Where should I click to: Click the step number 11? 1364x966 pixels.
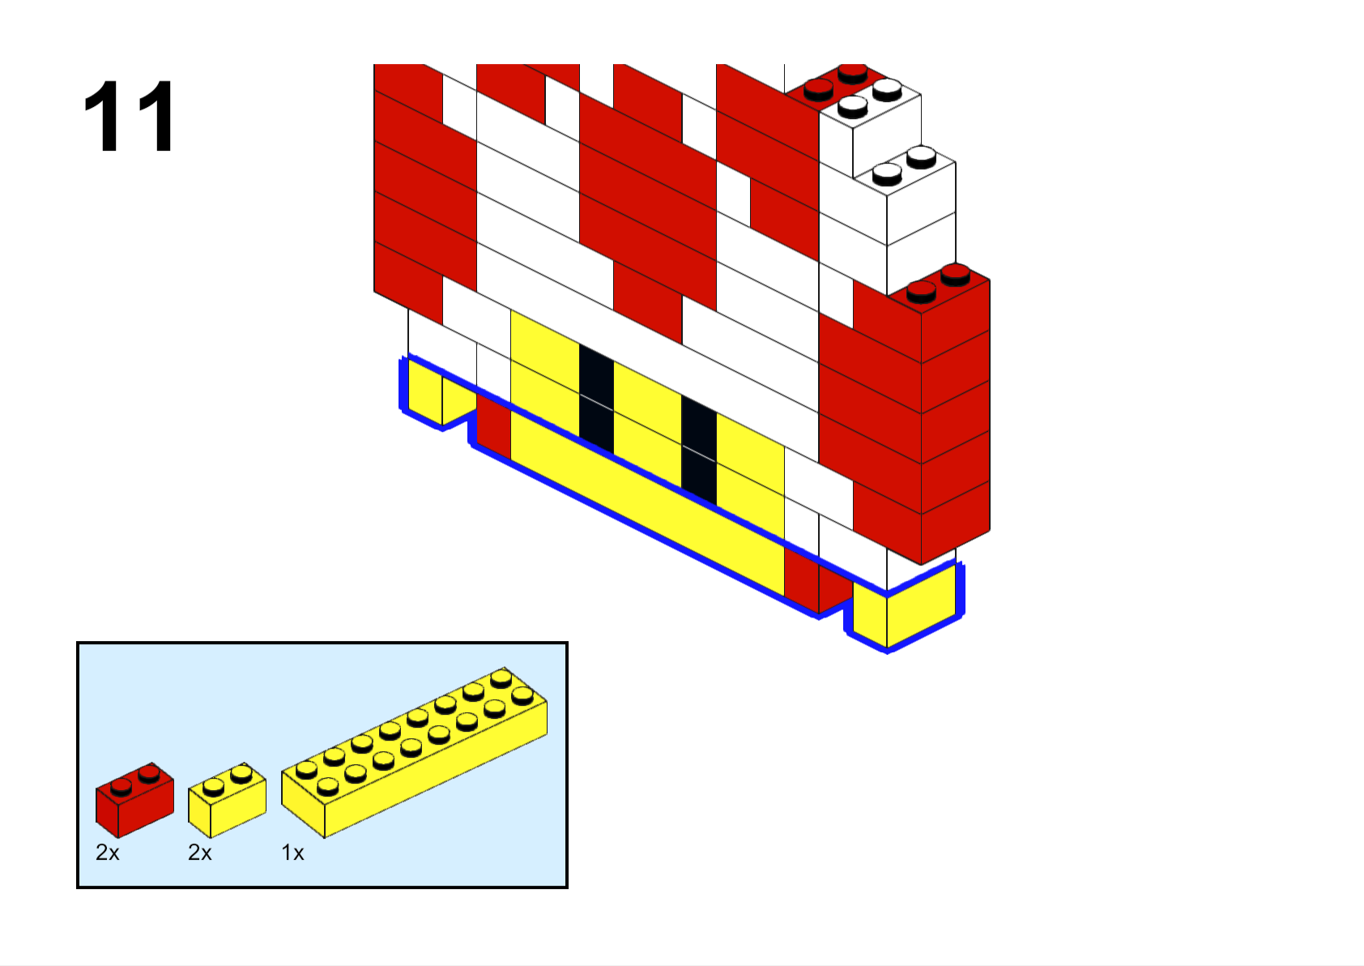[x=130, y=116]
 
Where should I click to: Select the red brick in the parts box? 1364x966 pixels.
[x=134, y=800]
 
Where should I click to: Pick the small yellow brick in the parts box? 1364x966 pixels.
[x=227, y=801]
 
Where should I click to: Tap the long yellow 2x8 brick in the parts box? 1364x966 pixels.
[x=414, y=753]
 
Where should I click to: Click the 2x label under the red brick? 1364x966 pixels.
[x=107, y=853]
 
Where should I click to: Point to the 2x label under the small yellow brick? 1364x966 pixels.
[x=200, y=853]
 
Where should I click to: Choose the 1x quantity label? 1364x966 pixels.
[x=292, y=853]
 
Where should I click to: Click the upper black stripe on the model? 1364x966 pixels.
[x=596, y=399]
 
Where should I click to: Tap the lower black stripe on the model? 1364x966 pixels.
[x=699, y=451]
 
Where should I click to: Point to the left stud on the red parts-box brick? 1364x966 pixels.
[x=121, y=787]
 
